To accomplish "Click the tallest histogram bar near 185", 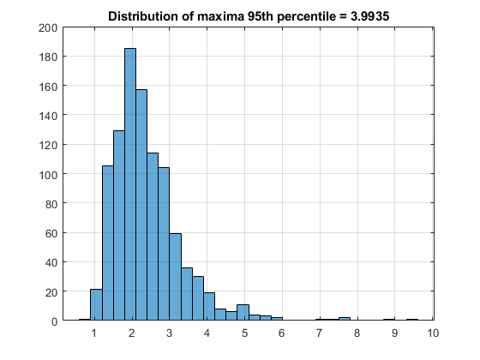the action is [130, 184].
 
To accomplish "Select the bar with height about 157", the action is [141, 205].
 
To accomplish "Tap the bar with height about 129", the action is [119, 225].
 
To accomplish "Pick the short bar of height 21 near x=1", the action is [96, 304].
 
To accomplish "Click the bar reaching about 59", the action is [176, 277].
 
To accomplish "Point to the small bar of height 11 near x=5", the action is [243, 312].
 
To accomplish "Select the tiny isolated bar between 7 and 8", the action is [345, 319].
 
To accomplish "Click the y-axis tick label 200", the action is [48, 28].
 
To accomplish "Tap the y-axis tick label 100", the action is [48, 175].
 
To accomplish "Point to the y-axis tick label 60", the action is [51, 233].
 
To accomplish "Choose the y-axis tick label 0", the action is [55, 321].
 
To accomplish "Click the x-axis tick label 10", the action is [433, 333].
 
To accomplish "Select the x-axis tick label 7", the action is [319, 333].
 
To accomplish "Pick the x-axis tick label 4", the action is [207, 333].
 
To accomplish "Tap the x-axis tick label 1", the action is [94, 333].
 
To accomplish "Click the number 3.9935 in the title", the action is [369, 16].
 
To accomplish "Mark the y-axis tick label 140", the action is [48, 116].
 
